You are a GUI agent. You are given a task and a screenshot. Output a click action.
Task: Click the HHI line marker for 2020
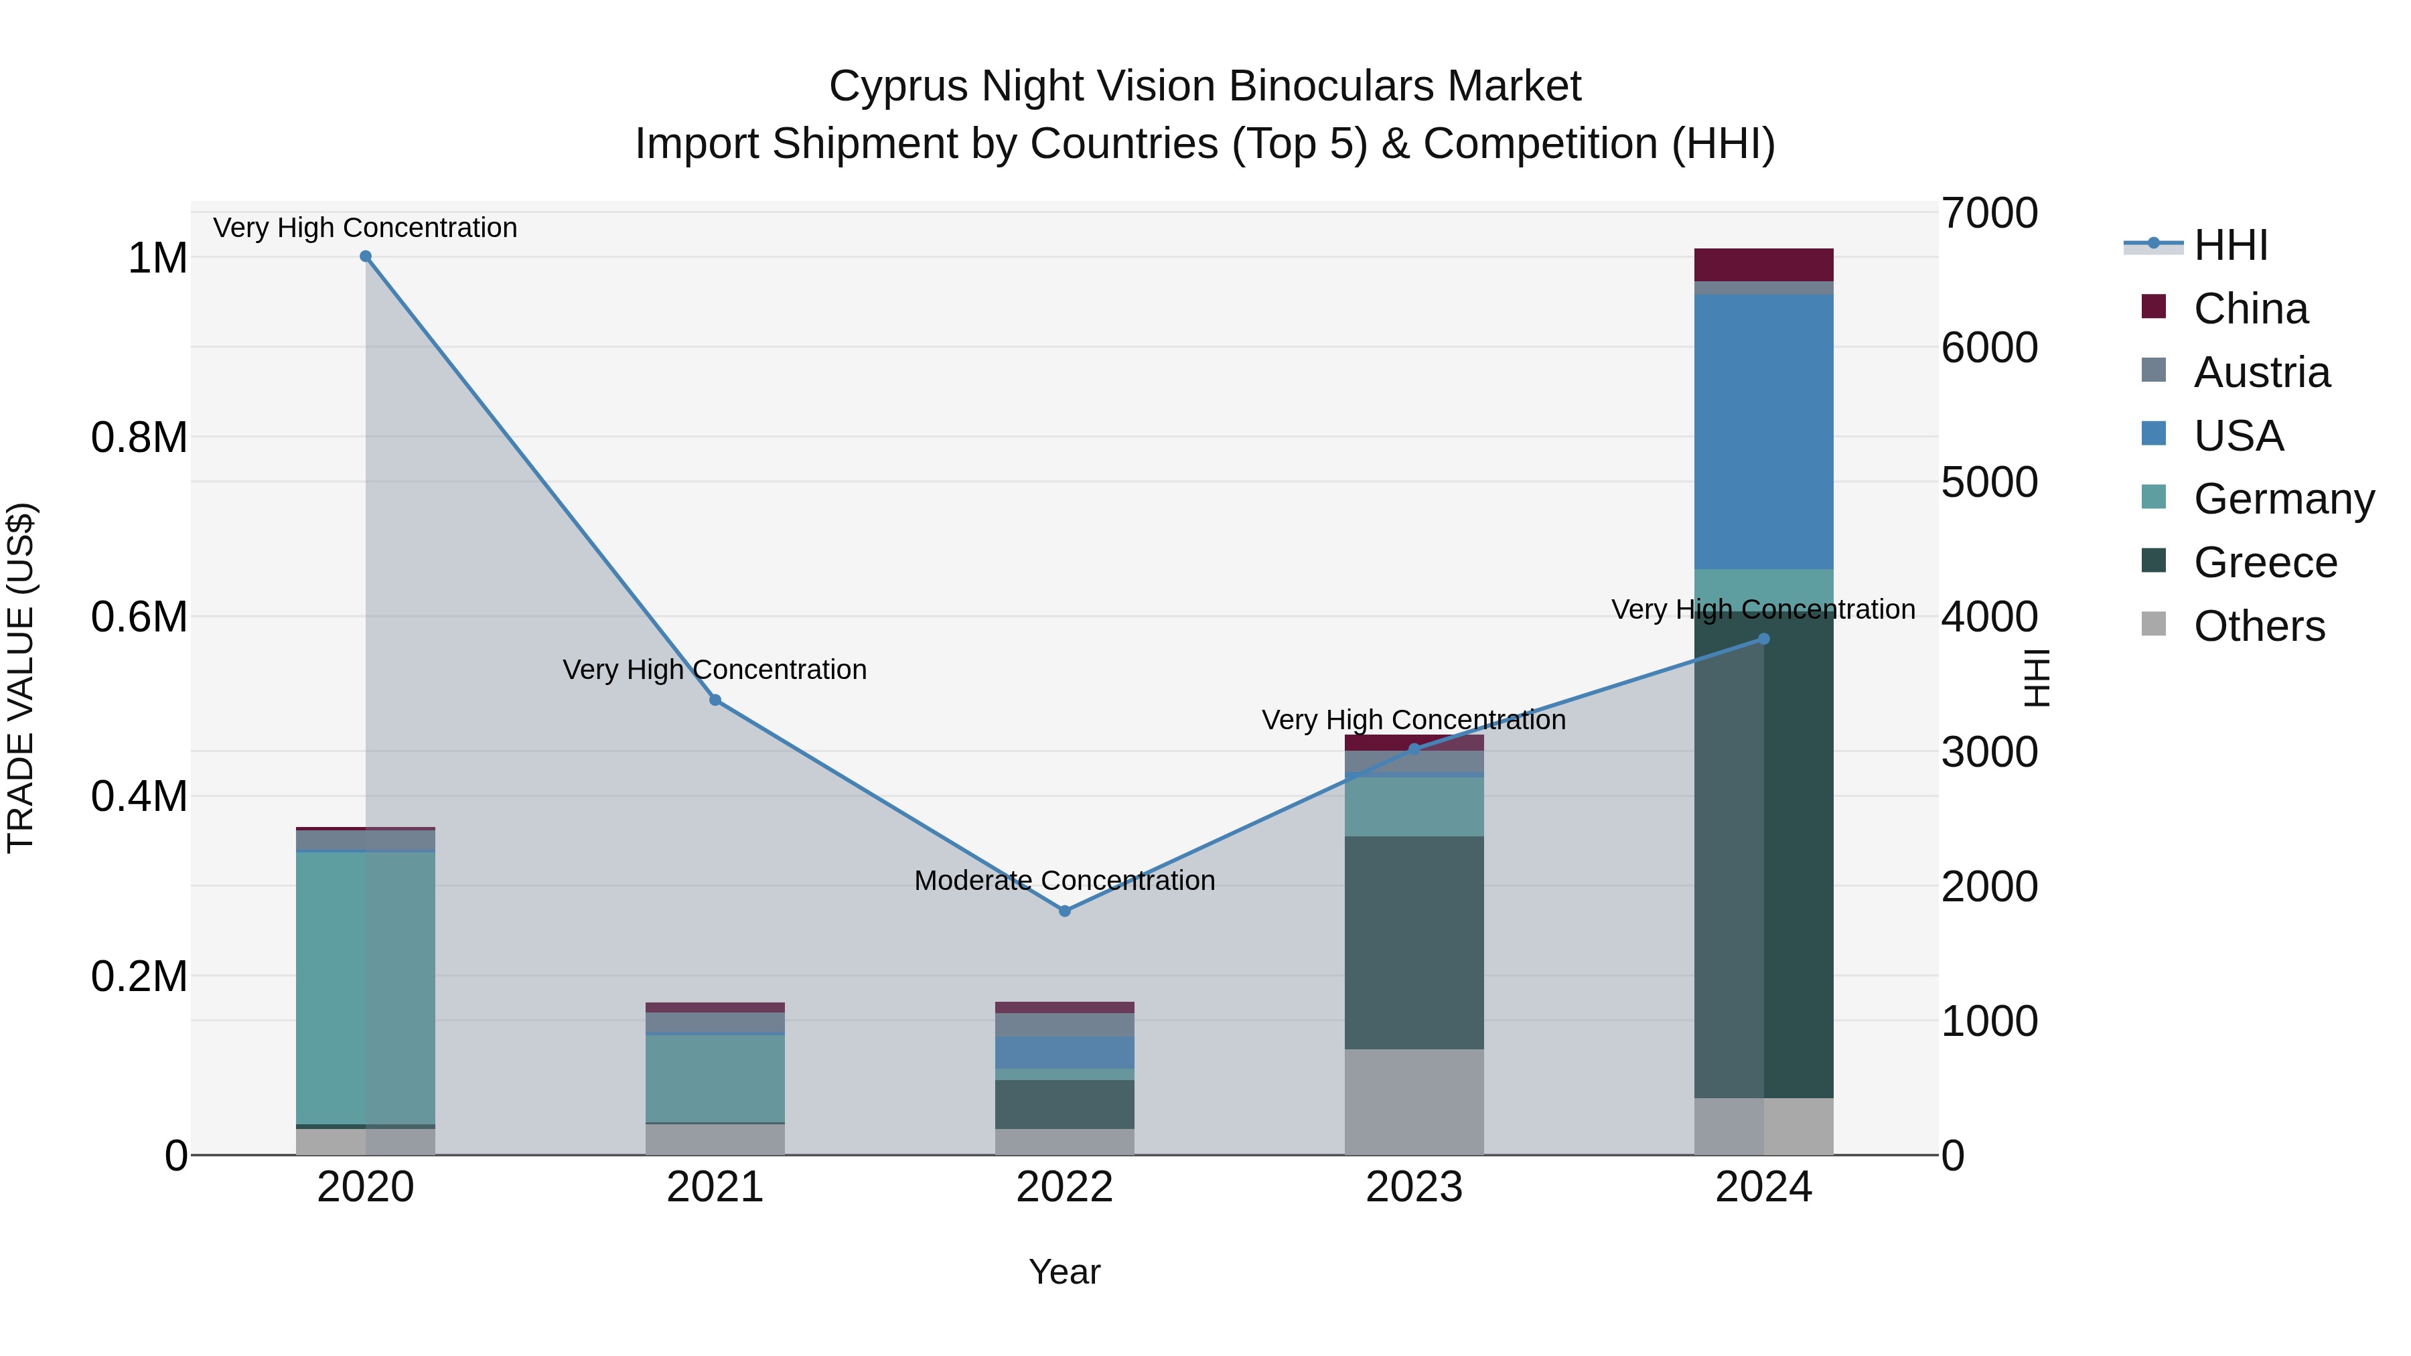pos(365,256)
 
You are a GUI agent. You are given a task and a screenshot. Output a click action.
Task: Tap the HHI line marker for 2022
pos(1064,911)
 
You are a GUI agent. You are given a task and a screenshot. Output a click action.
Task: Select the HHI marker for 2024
pos(1763,639)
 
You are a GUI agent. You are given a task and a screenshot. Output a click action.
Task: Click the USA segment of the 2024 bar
pos(1763,431)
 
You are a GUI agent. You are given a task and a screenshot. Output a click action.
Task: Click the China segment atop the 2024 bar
pos(1763,265)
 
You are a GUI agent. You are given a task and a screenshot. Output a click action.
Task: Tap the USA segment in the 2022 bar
pos(1064,1052)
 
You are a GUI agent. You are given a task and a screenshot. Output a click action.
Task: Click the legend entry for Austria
pos(2261,372)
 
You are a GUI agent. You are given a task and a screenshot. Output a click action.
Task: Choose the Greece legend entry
pos(2265,562)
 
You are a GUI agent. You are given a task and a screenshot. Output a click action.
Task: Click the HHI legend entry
pos(2230,245)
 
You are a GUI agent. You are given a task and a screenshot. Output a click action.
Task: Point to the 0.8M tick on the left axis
pos(139,438)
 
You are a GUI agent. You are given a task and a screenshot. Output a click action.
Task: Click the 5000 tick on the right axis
pos(1989,483)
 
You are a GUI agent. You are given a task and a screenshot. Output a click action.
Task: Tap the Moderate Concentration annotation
pos(1064,881)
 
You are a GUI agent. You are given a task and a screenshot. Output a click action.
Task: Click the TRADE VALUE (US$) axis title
pos(21,678)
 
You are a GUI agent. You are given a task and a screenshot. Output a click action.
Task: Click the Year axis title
pos(1064,1272)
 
